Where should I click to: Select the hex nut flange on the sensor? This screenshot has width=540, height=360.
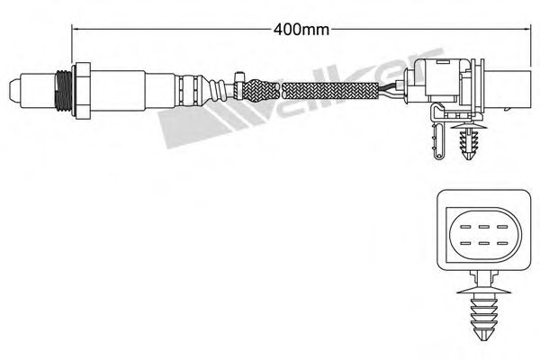pyautogui.click(x=84, y=90)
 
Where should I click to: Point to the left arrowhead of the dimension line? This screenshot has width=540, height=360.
pyautogui.click(x=76, y=29)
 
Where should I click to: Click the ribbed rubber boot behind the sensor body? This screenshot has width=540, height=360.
pyautogui.click(x=191, y=90)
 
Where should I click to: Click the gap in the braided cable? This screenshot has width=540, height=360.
pyautogui.click(x=281, y=90)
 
